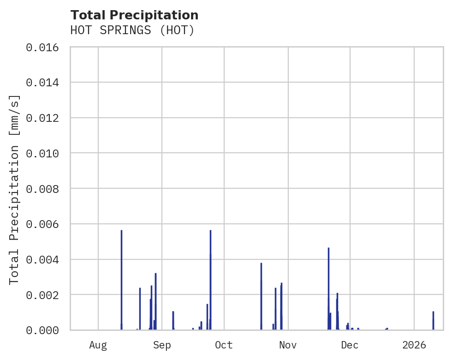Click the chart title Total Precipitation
pyautogui.click(x=134, y=15)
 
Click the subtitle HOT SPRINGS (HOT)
pyautogui.click(x=132, y=30)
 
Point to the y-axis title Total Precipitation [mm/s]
pyautogui.click(x=15, y=189)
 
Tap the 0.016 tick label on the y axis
pyautogui.click(x=45, y=47)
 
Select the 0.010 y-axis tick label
pyautogui.click(x=45, y=153)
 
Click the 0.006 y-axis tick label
pyautogui.click(x=45, y=224)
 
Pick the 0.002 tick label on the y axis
pyautogui.click(x=45, y=295)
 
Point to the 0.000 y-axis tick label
pyautogui.click(x=45, y=330)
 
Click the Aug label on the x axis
pyautogui.click(x=98, y=345)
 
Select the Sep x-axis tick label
pyautogui.click(x=162, y=345)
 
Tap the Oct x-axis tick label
pyautogui.click(x=224, y=345)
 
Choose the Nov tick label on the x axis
pyautogui.click(x=288, y=345)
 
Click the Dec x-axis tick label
pyautogui.click(x=350, y=345)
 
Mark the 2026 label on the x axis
pyautogui.click(x=414, y=345)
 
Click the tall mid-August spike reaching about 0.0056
pyautogui.click(x=121, y=277)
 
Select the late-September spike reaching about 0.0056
pyautogui.click(x=210, y=277)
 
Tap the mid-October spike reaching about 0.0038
pyautogui.click(x=261, y=295)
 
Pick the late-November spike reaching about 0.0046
pyautogui.click(x=328, y=286)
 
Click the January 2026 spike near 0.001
pyautogui.click(x=433, y=320)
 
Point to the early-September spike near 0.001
pyautogui.click(x=173, y=320)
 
